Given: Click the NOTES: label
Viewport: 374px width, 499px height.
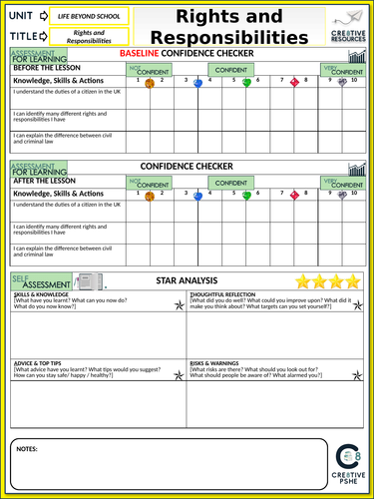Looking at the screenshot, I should click(x=29, y=449).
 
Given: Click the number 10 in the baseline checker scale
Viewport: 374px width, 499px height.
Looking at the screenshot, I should click(x=343, y=80).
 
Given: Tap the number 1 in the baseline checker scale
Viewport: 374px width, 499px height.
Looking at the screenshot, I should click(x=139, y=80).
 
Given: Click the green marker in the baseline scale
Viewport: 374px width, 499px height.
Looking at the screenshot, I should click(x=246, y=84).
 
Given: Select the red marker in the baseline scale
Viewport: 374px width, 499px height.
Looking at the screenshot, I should click(x=294, y=84).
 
